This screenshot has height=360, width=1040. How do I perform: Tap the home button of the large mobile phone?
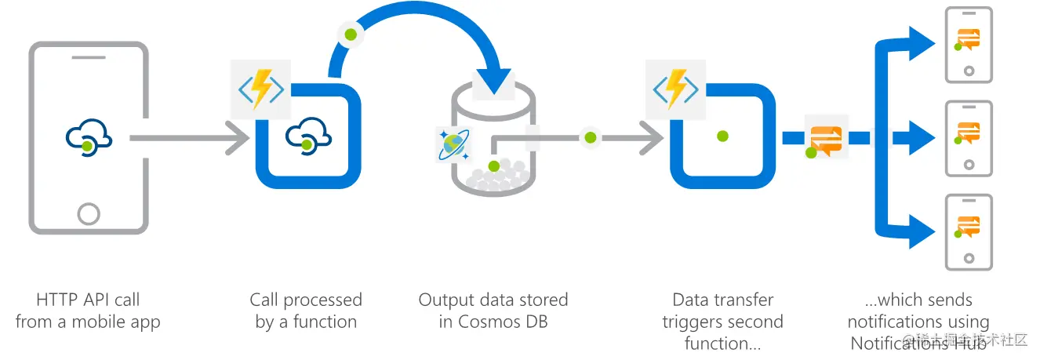tap(89, 213)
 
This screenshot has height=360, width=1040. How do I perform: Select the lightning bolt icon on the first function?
tap(260, 89)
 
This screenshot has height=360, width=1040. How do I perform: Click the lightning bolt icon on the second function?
tap(675, 89)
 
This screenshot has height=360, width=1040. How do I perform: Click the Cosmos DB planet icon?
tap(453, 144)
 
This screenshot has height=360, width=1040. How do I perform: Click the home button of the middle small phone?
tap(969, 165)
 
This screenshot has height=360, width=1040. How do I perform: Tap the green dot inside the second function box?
tap(722, 136)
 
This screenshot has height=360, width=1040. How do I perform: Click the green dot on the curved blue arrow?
tap(351, 35)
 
